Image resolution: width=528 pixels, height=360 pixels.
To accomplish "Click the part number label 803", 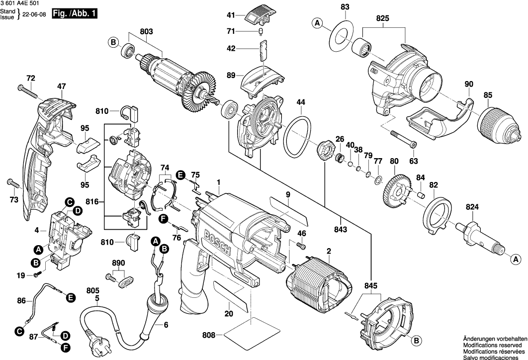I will click(146, 32).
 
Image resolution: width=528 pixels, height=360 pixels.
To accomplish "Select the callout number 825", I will click(383, 18).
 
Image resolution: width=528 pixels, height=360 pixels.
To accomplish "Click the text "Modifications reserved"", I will click(493, 345).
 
